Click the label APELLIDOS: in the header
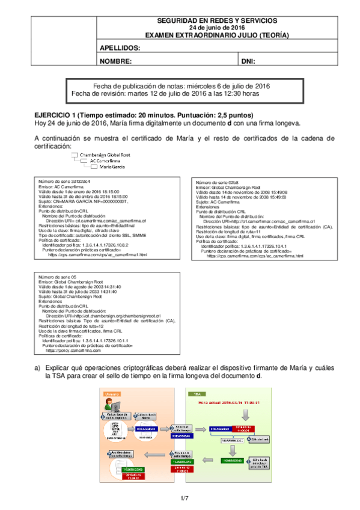(120, 48)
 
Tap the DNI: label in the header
(248, 61)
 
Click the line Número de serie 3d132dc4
(64, 181)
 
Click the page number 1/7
(185, 498)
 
